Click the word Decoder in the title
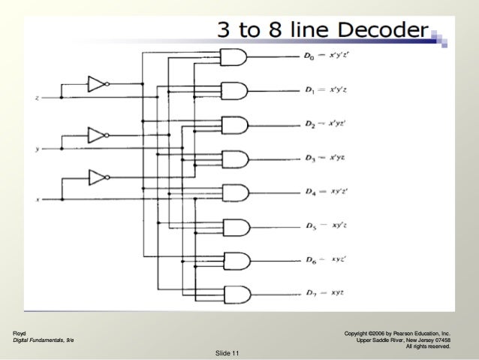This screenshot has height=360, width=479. [385, 30]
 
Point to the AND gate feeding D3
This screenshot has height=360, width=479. [233, 159]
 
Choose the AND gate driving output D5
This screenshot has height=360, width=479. [233, 226]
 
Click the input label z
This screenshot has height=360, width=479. [37, 98]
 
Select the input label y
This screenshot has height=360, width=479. [37, 149]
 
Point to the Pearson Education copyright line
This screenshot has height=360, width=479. [396, 331]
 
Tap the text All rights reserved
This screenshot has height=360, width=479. [427, 346]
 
